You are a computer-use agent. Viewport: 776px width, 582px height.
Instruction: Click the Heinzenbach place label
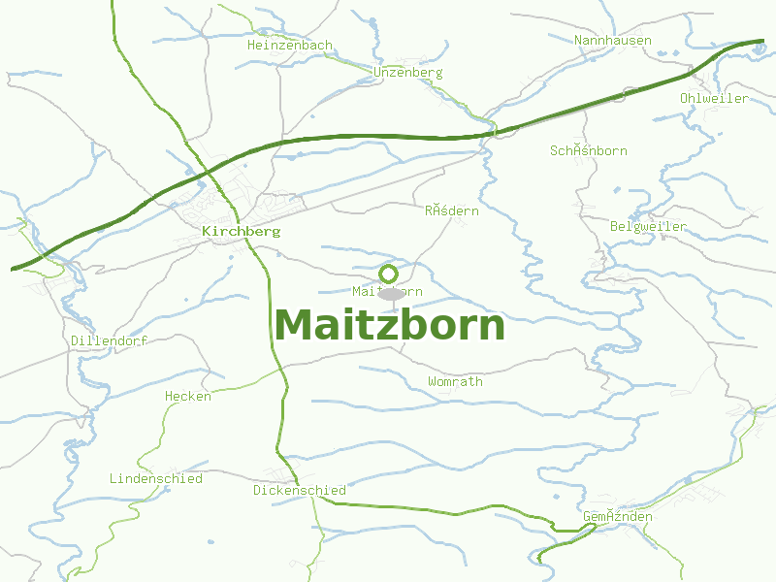[x=290, y=46]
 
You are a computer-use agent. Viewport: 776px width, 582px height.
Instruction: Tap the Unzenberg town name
[x=407, y=73]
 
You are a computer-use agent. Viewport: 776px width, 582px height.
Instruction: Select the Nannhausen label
[x=613, y=41]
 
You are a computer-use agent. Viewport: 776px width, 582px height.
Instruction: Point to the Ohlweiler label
[x=714, y=99]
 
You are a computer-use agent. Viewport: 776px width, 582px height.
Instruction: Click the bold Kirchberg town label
[x=241, y=232]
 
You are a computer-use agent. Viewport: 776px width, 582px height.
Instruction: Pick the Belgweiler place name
[x=648, y=227]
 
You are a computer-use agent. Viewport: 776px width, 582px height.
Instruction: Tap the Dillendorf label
[x=109, y=341]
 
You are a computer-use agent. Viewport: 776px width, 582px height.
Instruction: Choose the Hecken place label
[x=187, y=397]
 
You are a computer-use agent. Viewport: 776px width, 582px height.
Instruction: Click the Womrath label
[x=455, y=382]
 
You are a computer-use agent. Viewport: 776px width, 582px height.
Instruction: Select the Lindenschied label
[x=155, y=479]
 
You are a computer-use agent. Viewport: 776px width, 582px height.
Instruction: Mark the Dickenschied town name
[x=299, y=491]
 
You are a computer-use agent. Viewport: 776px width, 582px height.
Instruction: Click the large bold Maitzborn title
[x=389, y=325]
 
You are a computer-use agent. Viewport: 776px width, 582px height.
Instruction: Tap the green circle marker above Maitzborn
[x=389, y=274]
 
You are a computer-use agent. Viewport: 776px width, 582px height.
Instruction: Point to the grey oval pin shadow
[x=390, y=294]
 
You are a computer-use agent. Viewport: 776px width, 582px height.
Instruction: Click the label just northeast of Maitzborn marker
[x=451, y=211]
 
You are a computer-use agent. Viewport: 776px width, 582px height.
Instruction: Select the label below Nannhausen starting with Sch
[x=588, y=151]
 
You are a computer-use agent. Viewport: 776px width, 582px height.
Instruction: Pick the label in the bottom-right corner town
[x=617, y=517]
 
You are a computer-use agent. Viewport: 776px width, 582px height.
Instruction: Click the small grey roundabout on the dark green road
[x=630, y=93]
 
